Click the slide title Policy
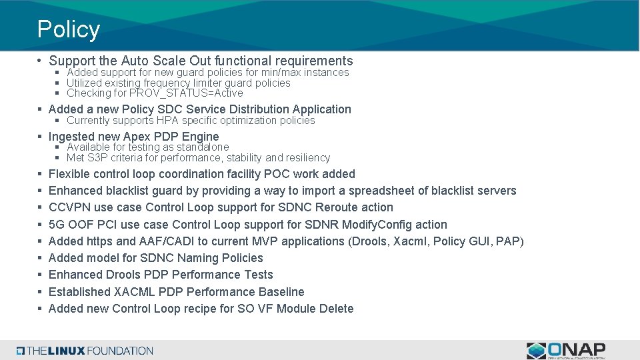pyautogui.click(x=68, y=29)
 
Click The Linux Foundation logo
pyautogui.click(x=85, y=351)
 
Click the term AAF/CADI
pyautogui.click(x=154, y=241)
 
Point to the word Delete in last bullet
pyautogui.click(x=336, y=309)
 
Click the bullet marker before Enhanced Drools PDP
pyautogui.click(x=41, y=275)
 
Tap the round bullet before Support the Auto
pyautogui.click(x=41, y=61)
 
